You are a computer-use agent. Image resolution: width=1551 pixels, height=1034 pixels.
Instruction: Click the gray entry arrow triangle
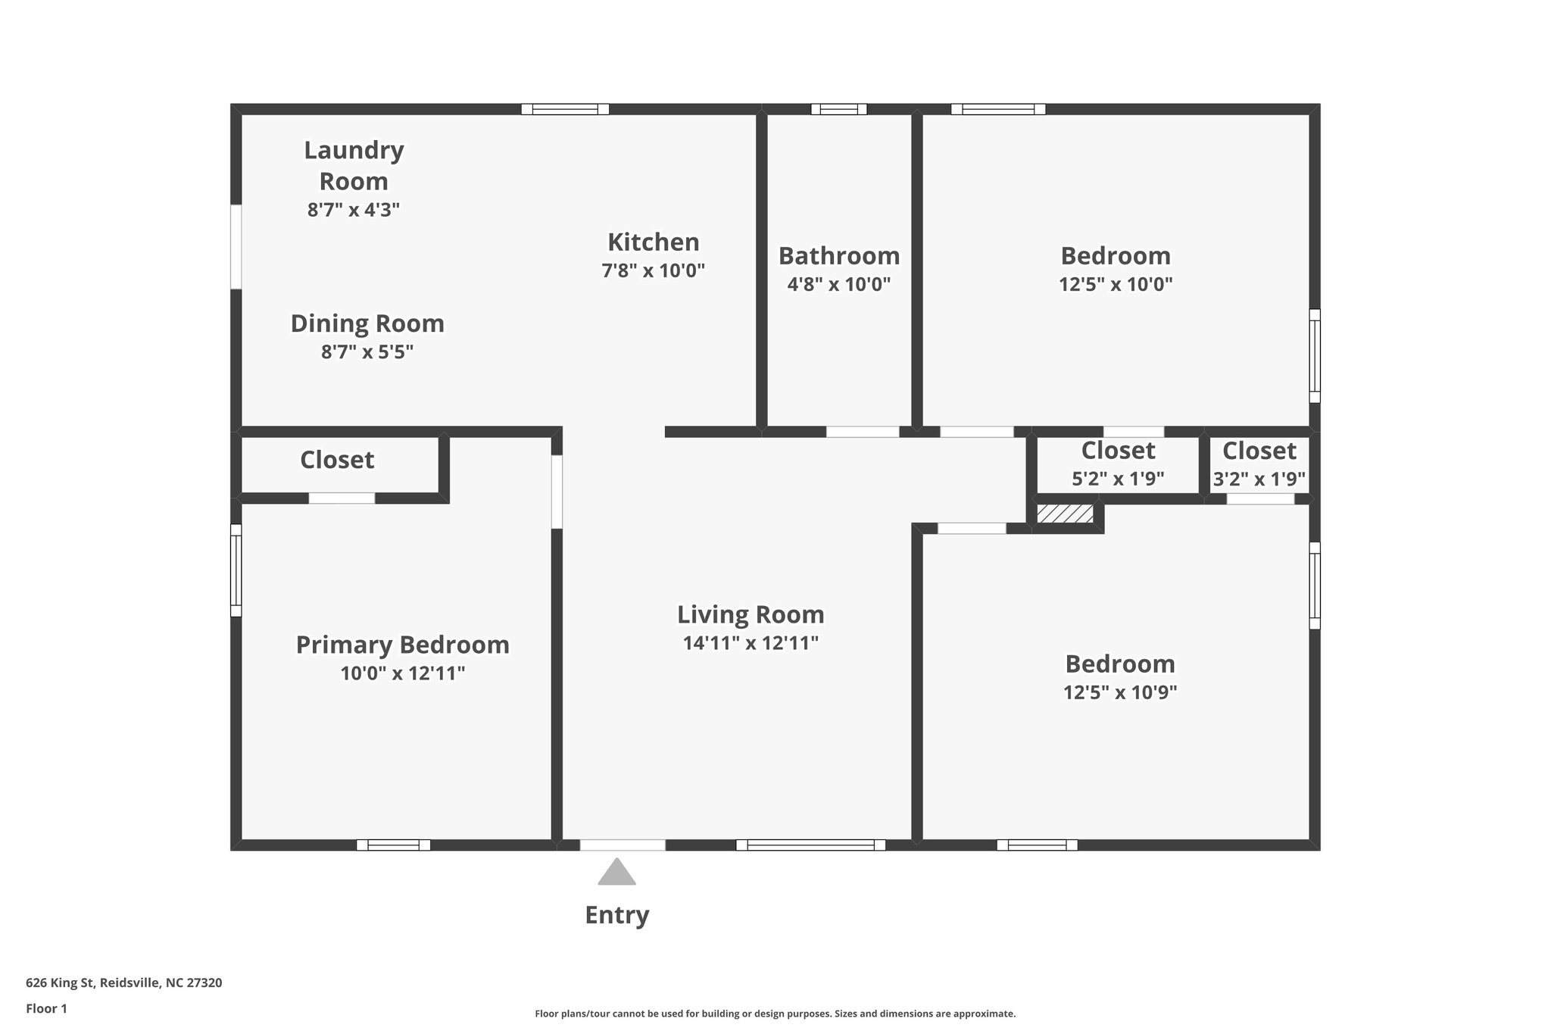coord(616,873)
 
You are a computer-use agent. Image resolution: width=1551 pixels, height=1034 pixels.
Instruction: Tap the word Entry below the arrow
coord(616,915)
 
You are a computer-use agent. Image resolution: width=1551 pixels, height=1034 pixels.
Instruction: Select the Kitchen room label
coord(653,242)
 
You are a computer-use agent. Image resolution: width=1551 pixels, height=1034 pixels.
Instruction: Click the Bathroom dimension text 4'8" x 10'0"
coord(838,285)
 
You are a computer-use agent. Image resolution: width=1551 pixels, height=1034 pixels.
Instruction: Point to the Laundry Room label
coord(354,165)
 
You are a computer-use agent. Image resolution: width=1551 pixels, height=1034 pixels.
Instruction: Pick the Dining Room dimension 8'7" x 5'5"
coord(367,352)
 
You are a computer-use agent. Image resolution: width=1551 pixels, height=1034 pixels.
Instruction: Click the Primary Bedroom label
coord(402,645)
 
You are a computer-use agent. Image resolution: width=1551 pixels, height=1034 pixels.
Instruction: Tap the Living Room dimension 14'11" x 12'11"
coord(751,643)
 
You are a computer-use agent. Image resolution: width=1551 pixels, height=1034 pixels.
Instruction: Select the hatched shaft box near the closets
coord(1065,514)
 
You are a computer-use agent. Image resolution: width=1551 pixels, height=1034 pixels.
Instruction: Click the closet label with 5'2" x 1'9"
coord(1118,451)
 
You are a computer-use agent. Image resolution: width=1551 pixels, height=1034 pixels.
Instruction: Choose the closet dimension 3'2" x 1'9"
coord(1259,480)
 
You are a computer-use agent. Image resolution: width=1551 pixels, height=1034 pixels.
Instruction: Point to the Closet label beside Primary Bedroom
coord(337,460)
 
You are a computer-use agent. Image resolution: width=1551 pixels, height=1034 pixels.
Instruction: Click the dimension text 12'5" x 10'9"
coord(1120,692)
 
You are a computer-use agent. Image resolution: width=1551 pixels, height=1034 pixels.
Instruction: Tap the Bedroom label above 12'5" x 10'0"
coord(1115,256)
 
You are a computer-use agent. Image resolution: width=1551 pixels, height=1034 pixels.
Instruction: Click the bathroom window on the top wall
coord(838,109)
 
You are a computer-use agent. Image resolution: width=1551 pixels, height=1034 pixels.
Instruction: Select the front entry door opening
coord(623,845)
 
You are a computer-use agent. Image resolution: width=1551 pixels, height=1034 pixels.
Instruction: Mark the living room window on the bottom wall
coord(810,845)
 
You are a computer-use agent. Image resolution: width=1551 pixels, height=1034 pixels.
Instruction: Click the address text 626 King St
coord(123,983)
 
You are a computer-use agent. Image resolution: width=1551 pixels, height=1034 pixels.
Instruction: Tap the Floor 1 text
coord(46,1008)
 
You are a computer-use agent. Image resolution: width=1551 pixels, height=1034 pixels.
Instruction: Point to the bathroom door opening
coord(862,432)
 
